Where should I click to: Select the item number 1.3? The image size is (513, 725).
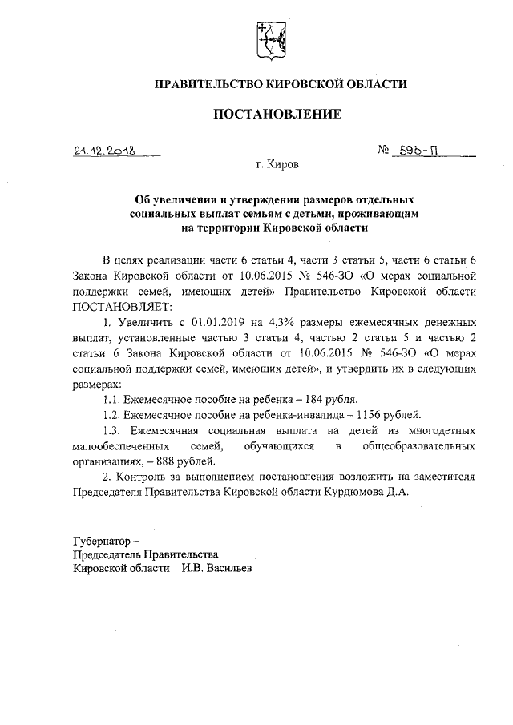[113, 429]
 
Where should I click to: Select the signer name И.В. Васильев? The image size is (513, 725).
[216, 568]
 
